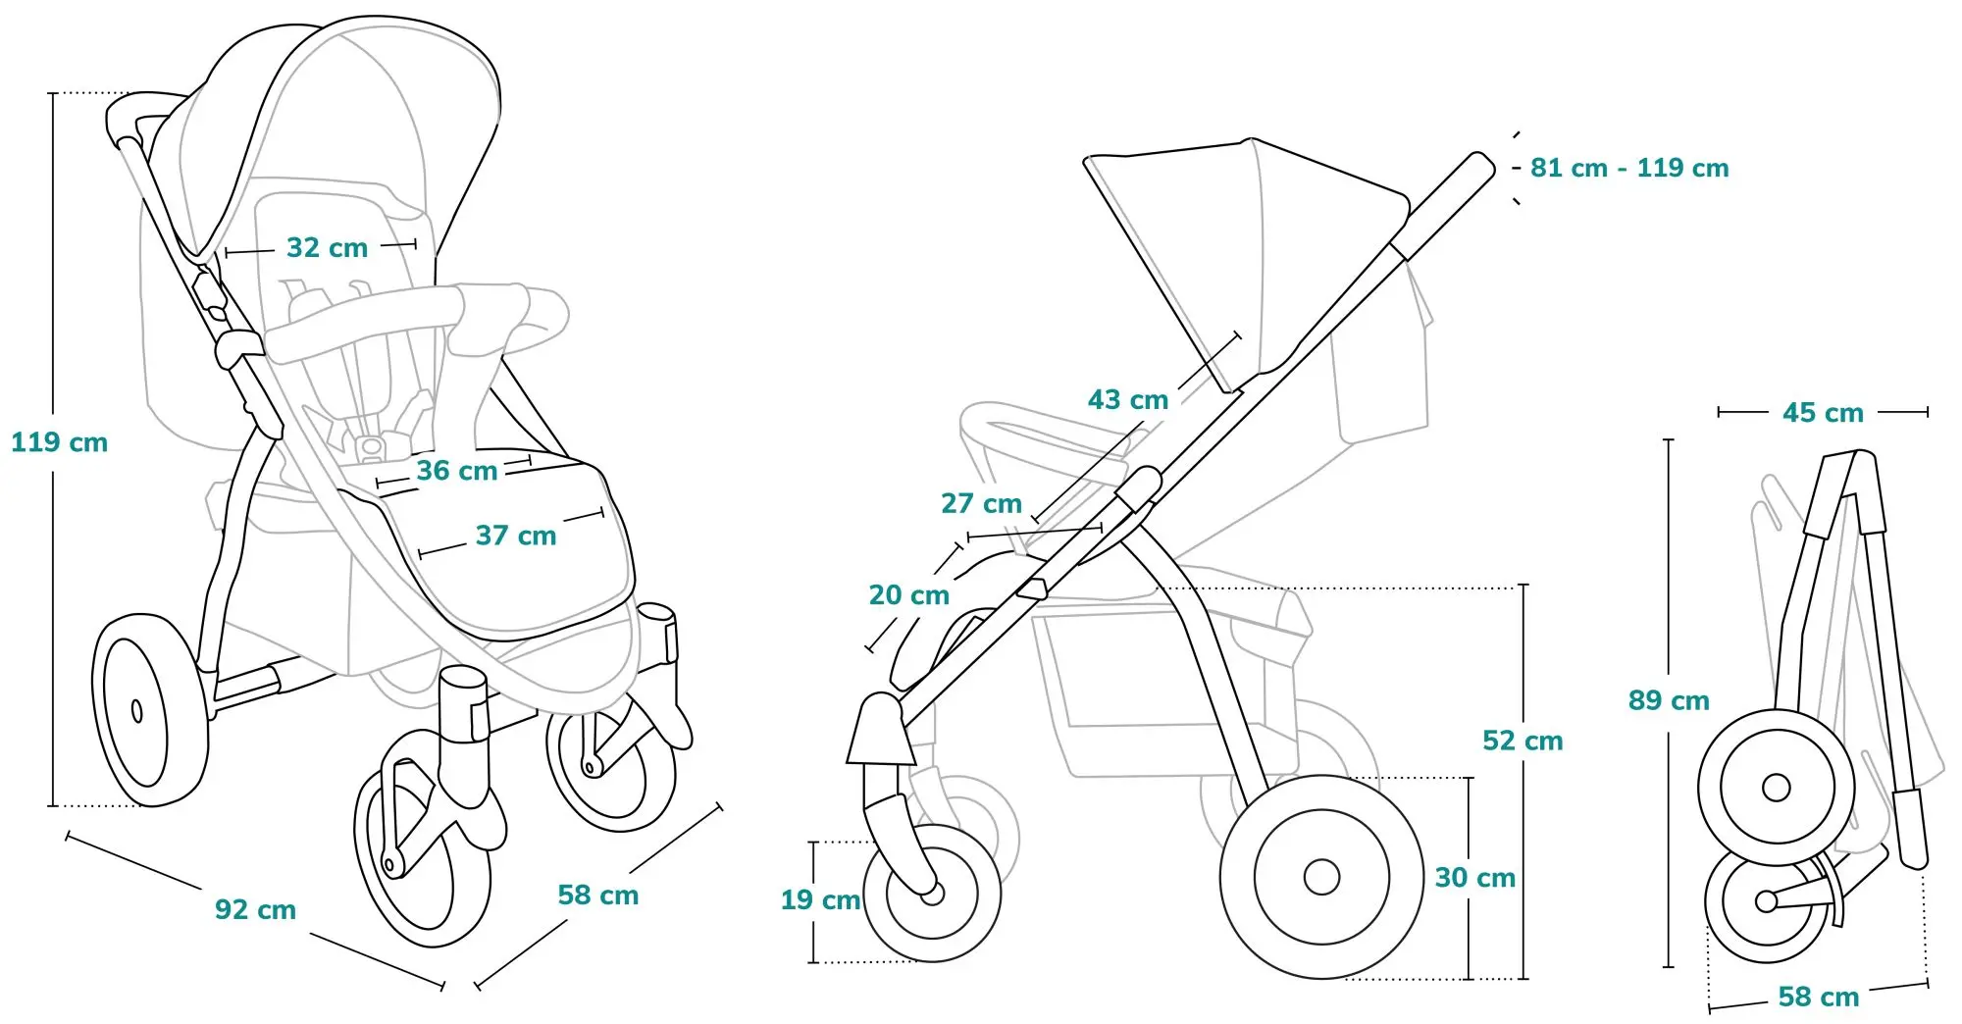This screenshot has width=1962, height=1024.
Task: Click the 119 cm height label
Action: coord(59,442)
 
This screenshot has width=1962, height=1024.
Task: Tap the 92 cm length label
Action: coord(255,910)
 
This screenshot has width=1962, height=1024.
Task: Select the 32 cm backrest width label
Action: coord(327,247)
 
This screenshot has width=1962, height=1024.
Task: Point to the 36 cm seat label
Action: coord(456,471)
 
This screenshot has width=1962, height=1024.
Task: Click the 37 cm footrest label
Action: coord(516,536)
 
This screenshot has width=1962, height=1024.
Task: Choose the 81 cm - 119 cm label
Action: coord(1628,168)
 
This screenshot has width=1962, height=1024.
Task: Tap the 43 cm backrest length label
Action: coord(1128,400)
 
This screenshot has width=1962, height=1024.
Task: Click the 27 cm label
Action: coord(981,504)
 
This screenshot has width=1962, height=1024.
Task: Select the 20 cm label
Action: coord(908,595)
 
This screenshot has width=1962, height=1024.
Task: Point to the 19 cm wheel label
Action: coord(820,900)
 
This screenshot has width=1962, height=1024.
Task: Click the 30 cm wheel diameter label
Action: coord(1474,878)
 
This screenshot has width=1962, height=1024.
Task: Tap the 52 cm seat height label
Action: coord(1523,741)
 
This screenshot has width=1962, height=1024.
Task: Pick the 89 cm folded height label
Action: coord(1668,700)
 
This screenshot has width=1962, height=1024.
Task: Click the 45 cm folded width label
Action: coord(1823,413)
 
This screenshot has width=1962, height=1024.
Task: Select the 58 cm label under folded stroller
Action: coord(1818,998)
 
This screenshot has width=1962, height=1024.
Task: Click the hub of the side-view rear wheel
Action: coord(1321,877)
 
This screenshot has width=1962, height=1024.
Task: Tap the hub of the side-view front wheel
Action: coord(933,894)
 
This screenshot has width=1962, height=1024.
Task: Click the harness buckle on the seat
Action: coord(371,447)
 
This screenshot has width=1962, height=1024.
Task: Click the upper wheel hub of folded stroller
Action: coord(1776,787)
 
